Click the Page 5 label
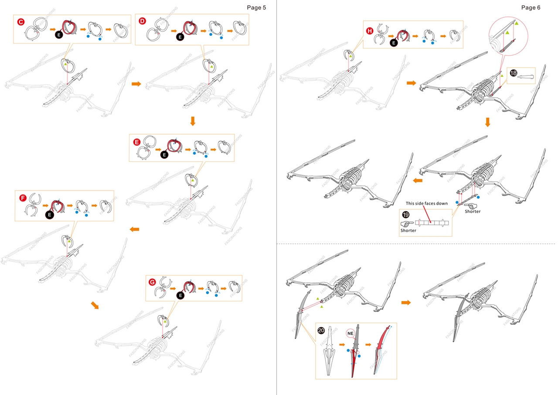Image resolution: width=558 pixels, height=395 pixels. [256, 7]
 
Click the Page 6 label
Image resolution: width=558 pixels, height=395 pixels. [531, 7]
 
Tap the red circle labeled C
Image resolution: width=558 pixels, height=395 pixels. [20, 22]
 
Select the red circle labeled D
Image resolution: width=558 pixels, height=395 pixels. [142, 21]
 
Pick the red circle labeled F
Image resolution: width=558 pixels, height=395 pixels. [23, 198]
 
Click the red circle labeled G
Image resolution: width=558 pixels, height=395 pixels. [152, 282]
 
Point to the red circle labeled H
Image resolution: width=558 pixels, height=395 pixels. [370, 31]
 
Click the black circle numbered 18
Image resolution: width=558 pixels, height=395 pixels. [513, 73]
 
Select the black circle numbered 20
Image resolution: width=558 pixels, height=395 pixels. [321, 330]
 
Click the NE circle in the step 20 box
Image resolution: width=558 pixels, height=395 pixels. [350, 333]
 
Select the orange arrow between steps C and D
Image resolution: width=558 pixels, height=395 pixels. [136, 83]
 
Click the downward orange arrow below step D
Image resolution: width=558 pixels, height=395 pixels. [193, 121]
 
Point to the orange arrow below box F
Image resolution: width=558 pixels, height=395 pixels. [95, 305]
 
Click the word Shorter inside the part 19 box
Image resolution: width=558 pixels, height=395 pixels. [408, 230]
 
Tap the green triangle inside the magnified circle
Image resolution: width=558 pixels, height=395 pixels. [517, 23]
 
